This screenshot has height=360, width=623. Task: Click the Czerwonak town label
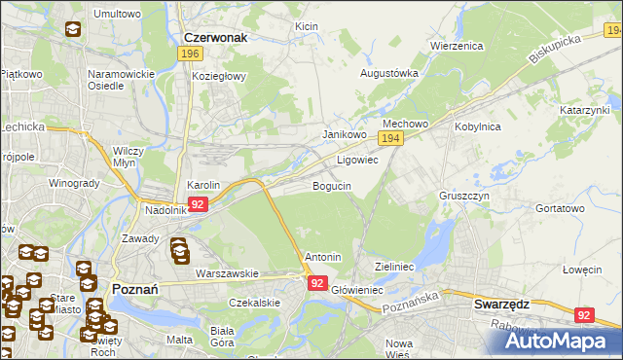tap(214, 37)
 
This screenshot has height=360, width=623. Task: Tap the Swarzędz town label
tap(501, 304)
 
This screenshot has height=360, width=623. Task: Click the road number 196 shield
tap(190, 54)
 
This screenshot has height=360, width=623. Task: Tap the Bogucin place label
tap(332, 185)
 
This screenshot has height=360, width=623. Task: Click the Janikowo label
tap(345, 135)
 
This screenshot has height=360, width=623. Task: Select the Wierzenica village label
tap(457, 46)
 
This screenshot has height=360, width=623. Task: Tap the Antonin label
tap(323, 257)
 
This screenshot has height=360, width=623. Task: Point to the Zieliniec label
tap(395, 266)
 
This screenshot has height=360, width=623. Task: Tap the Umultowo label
tap(116, 14)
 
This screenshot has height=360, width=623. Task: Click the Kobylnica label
tap(477, 126)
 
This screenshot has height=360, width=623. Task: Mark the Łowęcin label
tap(583, 270)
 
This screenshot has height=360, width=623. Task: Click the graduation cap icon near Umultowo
tap(73, 30)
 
